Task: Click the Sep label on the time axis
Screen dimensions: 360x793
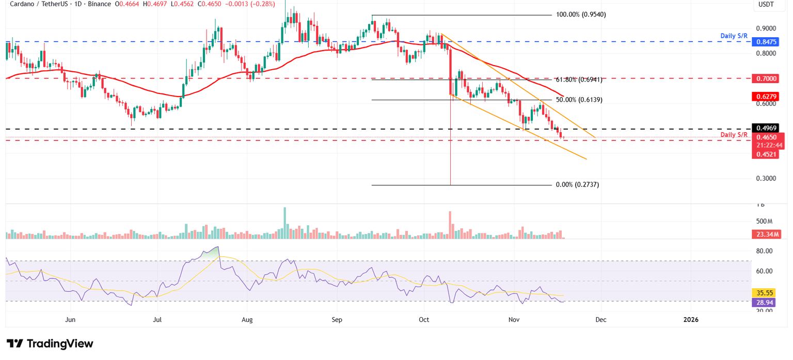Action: point(337,320)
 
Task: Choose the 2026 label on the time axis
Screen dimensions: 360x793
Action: point(691,320)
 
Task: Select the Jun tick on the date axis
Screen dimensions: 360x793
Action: point(71,320)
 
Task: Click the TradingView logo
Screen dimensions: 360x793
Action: point(50,343)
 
